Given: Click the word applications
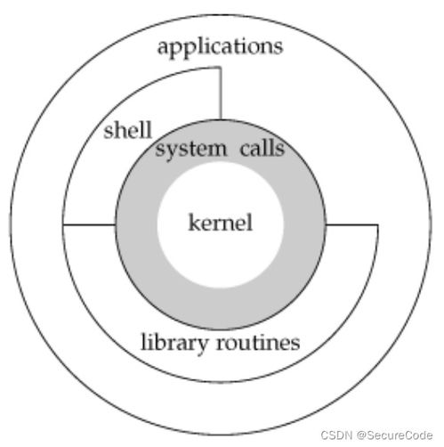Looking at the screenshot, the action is click(x=220, y=47).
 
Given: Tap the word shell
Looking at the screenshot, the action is click(x=128, y=130).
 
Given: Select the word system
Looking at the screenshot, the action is click(x=191, y=150).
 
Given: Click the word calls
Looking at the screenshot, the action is click(x=262, y=148).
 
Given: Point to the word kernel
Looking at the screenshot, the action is click(x=221, y=222).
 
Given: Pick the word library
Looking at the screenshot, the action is click(x=174, y=343).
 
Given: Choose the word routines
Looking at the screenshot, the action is click(x=258, y=342).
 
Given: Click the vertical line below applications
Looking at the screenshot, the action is click(x=221, y=93).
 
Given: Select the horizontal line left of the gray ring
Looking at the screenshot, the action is click(x=89, y=224).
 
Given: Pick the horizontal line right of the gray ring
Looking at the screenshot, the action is click(x=351, y=224).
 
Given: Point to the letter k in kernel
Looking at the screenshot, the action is click(x=194, y=222).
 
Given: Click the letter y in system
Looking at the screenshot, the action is click(x=168, y=151).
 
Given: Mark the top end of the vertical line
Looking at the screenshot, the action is click(x=221, y=68).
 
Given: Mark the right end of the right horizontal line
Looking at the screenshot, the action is click(x=378, y=224).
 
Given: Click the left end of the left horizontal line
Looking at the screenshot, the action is click(x=63, y=224).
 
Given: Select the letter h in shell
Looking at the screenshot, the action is click(x=119, y=130).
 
